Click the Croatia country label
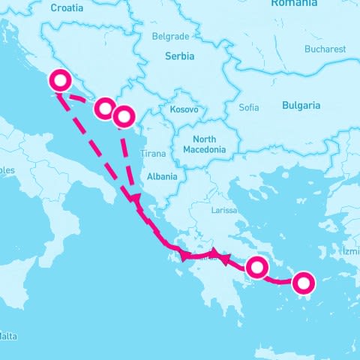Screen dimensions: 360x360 pyautogui.click(x=67, y=7)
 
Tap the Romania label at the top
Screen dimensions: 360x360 pyautogui.click(x=294, y=3)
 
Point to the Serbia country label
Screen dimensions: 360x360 pyautogui.click(x=179, y=56)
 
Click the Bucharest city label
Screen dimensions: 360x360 pyautogui.click(x=325, y=49)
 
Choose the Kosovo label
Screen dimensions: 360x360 pyautogui.click(x=184, y=109)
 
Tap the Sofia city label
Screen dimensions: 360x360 pyautogui.click(x=248, y=107)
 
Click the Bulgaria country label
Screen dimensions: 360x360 pyautogui.click(x=301, y=105)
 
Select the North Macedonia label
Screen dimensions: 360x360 pyautogui.click(x=204, y=145)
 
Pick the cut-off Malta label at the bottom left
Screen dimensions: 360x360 pyautogui.click(x=7, y=335)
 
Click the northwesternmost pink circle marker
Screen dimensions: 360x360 pyautogui.click(x=58, y=80)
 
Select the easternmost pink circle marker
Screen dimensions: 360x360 pyautogui.click(x=303, y=283)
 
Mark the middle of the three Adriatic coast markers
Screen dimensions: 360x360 pyautogui.click(x=104, y=109)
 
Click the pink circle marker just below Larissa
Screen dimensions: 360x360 pyautogui.click(x=257, y=266)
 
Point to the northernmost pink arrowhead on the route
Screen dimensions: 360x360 pyautogui.click(x=134, y=198)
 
